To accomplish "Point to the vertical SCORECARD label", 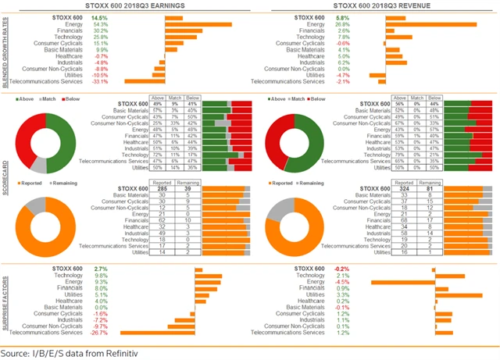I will pyautogui.click(x=6, y=180).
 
